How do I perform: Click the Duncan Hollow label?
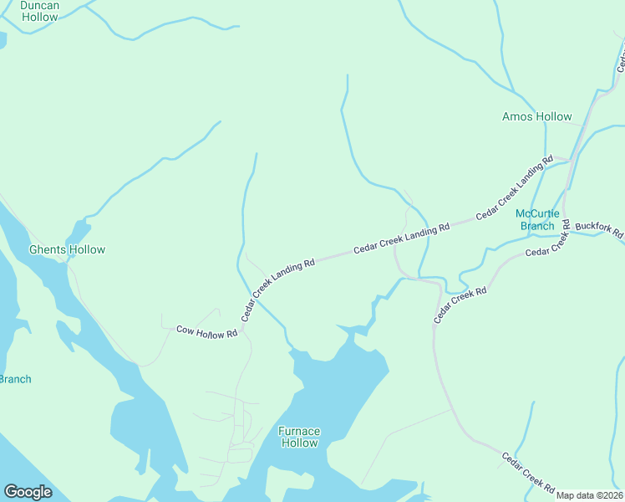tap(39, 11)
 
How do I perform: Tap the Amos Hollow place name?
tap(537, 117)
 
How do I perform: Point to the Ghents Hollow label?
tap(68, 249)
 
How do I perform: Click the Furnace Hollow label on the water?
tap(299, 437)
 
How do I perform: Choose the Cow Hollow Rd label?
tap(207, 331)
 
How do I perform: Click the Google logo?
tap(28, 492)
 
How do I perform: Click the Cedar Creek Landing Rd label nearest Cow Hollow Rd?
tap(277, 289)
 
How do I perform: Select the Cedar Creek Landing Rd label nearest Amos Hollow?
tap(515, 187)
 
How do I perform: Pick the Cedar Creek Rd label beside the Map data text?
tap(529, 473)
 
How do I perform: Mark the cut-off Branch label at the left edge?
tap(15, 379)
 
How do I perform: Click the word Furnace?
tap(299, 432)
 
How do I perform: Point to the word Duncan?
tap(39, 5)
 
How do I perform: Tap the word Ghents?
tap(48, 249)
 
